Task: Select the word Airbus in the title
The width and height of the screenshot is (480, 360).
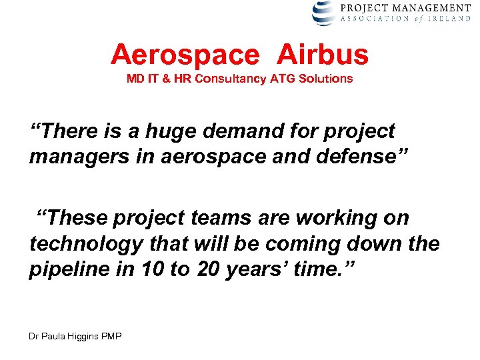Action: coord(322,55)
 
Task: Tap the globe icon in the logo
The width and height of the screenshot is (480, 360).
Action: coord(325,13)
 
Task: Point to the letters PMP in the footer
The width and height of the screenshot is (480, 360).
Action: coord(111,337)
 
